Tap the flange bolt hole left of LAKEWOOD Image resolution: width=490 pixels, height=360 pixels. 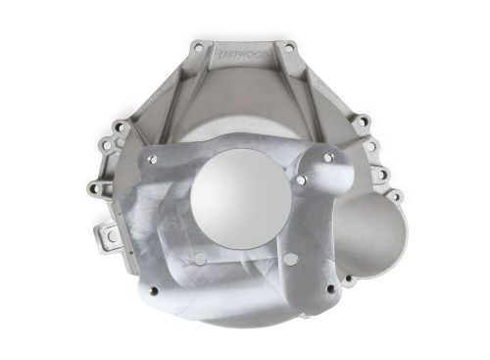click(200, 46)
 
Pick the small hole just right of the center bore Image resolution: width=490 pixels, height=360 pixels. click(300, 182)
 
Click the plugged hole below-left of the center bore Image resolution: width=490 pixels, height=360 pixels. click(199, 259)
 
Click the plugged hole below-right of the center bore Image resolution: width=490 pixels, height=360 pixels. click(290, 258)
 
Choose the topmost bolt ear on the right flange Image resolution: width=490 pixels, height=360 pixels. click(363, 122)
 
